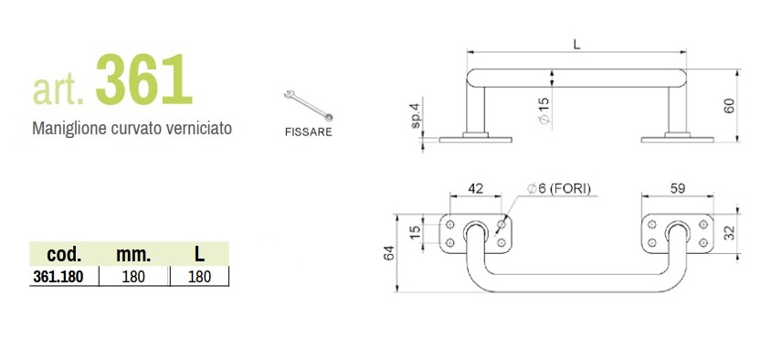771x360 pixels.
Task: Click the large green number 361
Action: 143,79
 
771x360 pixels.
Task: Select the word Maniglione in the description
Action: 69,129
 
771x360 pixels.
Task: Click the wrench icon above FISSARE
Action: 308,105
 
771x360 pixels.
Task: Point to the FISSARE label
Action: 308,132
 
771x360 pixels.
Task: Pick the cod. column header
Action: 64,254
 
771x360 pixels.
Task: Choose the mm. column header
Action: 133,254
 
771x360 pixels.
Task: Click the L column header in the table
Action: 199,254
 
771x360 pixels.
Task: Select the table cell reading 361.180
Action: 58,277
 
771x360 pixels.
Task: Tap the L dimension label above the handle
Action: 577,44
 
